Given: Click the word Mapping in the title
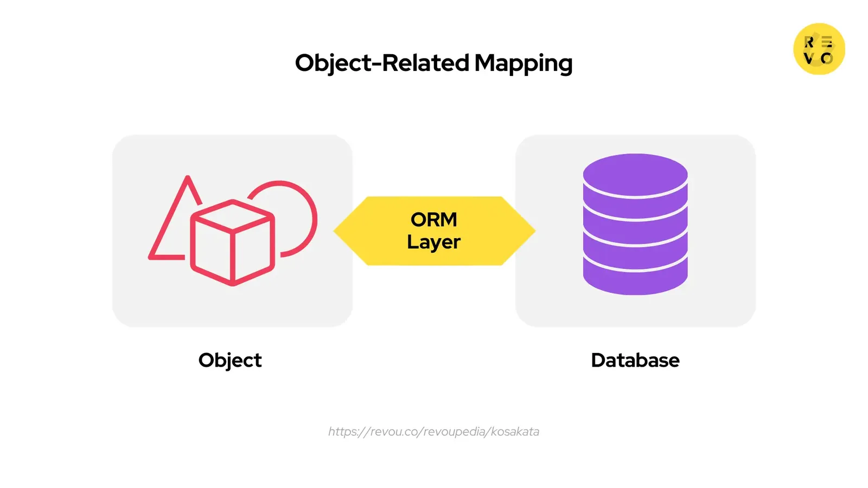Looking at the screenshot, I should pyautogui.click(x=523, y=63).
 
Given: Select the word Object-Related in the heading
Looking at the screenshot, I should pyautogui.click(x=382, y=63).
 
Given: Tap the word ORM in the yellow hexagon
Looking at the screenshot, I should pyautogui.click(x=434, y=220).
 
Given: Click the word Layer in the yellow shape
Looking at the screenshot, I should pyautogui.click(x=434, y=242).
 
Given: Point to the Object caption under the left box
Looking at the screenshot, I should pyautogui.click(x=230, y=361).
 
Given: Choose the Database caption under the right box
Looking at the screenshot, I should pyautogui.click(x=635, y=361).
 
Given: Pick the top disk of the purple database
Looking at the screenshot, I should pyautogui.click(x=635, y=175).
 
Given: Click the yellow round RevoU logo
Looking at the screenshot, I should pyautogui.click(x=819, y=49).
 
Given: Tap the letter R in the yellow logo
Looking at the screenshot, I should pyautogui.click(x=809, y=42).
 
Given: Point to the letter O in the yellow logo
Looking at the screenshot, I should pyautogui.click(x=827, y=58).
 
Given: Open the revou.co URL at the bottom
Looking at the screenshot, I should pyautogui.click(x=434, y=432).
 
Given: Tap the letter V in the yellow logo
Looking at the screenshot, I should pyautogui.click(x=809, y=58).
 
